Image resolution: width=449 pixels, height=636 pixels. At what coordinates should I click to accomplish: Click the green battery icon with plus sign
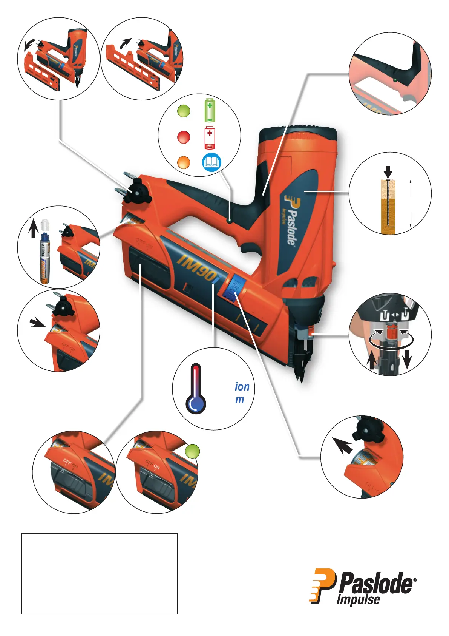pyautogui.click(x=210, y=110)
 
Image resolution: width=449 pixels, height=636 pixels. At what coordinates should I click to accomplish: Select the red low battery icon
pyautogui.click(x=210, y=137)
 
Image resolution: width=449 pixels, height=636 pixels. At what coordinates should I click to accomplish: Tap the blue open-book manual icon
pyautogui.click(x=211, y=162)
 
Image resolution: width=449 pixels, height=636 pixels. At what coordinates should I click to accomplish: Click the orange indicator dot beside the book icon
pyautogui.click(x=184, y=163)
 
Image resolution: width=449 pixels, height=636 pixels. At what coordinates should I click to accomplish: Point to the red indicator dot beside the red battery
pyautogui.click(x=184, y=137)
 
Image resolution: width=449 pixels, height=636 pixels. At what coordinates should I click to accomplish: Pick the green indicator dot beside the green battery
pyautogui.click(x=184, y=111)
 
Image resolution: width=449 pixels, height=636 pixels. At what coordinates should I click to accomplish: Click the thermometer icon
pyautogui.click(x=196, y=389)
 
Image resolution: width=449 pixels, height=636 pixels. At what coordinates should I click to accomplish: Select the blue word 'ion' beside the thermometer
pyautogui.click(x=242, y=387)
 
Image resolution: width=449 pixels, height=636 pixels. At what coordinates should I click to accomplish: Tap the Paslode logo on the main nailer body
pyautogui.click(x=291, y=219)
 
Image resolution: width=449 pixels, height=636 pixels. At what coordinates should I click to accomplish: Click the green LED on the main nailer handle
pyautogui.click(x=229, y=220)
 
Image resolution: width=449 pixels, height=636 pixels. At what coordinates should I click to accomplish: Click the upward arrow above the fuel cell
pyautogui.click(x=34, y=229)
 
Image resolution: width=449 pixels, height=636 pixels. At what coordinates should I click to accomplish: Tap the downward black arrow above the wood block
pyautogui.click(x=388, y=173)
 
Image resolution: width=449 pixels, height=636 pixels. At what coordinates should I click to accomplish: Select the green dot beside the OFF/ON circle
pyautogui.click(x=193, y=451)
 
